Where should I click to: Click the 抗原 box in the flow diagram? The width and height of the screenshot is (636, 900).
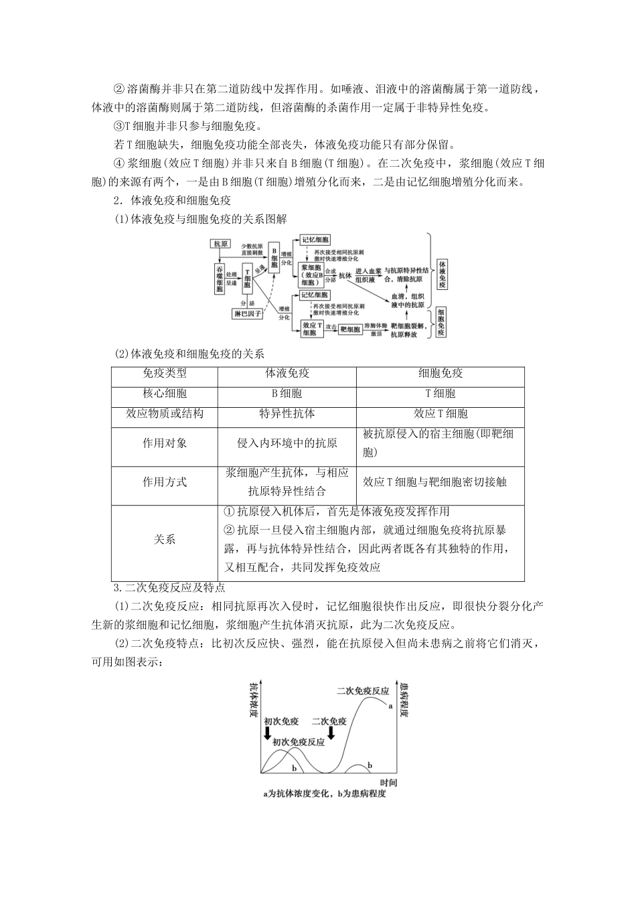pyautogui.click(x=221, y=243)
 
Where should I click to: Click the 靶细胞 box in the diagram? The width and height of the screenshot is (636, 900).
pyautogui.click(x=349, y=329)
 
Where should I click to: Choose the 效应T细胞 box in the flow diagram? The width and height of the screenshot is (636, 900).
pyautogui.click(x=309, y=328)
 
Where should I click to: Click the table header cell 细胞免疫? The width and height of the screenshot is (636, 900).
pyautogui.click(x=440, y=374)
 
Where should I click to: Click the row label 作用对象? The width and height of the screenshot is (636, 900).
pyautogui.click(x=165, y=443)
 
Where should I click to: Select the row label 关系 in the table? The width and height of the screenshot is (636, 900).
pyautogui.click(x=165, y=539)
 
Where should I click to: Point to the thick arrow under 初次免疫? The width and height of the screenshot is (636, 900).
pyautogui.click(x=268, y=735)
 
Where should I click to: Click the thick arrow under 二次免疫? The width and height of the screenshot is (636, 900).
pyautogui.click(x=331, y=735)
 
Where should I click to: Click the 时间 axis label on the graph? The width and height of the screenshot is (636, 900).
pyautogui.click(x=388, y=782)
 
